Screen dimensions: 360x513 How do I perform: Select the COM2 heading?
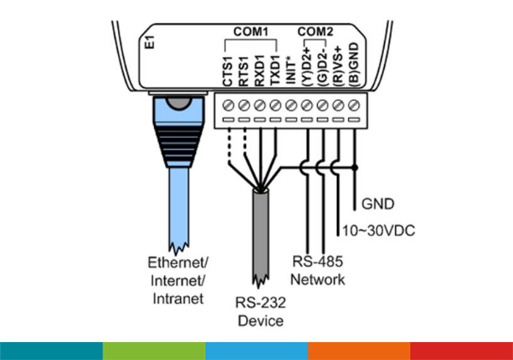316,32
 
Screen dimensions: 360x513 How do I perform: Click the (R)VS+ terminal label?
339,63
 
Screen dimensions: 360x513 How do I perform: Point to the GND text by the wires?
377,205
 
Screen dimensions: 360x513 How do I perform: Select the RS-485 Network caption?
318,271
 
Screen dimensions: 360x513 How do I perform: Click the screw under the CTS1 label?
228,105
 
